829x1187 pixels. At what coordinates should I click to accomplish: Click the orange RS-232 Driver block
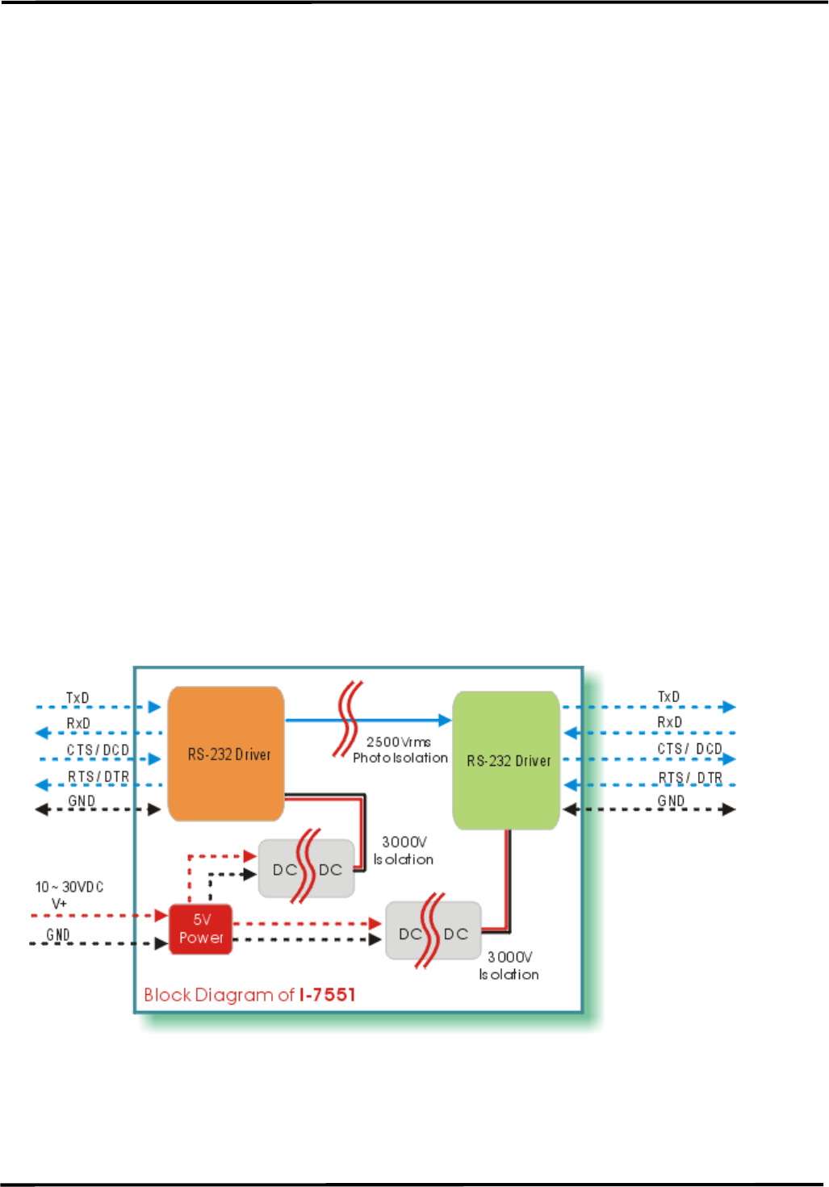tap(225, 754)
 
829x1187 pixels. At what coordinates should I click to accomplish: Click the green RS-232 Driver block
tap(506, 760)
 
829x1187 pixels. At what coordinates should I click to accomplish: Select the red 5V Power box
tap(201, 929)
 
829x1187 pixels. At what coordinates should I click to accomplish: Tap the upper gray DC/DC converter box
tap(307, 869)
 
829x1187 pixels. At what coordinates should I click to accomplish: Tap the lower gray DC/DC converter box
tap(433, 933)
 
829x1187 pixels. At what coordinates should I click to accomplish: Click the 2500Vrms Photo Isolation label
tap(400, 750)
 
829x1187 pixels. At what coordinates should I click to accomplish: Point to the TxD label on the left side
tap(77, 698)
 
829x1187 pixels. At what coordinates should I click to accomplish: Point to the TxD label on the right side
tap(668, 696)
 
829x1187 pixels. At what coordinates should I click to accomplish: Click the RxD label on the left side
tap(78, 723)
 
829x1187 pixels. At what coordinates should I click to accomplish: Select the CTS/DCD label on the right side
tap(689, 749)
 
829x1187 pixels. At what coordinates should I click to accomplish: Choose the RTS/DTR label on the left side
tap(98, 776)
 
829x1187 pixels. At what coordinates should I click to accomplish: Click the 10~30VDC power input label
tap(69, 887)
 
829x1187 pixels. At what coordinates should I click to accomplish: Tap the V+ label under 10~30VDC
tap(59, 904)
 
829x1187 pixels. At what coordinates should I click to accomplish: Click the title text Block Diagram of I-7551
tap(249, 994)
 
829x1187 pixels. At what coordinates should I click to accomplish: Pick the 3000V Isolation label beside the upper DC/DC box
tap(404, 851)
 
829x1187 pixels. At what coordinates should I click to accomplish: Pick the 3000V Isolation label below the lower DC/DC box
tap(509, 965)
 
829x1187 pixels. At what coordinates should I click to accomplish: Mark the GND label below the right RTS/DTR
tap(671, 800)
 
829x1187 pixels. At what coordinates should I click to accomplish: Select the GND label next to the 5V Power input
tap(58, 934)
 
